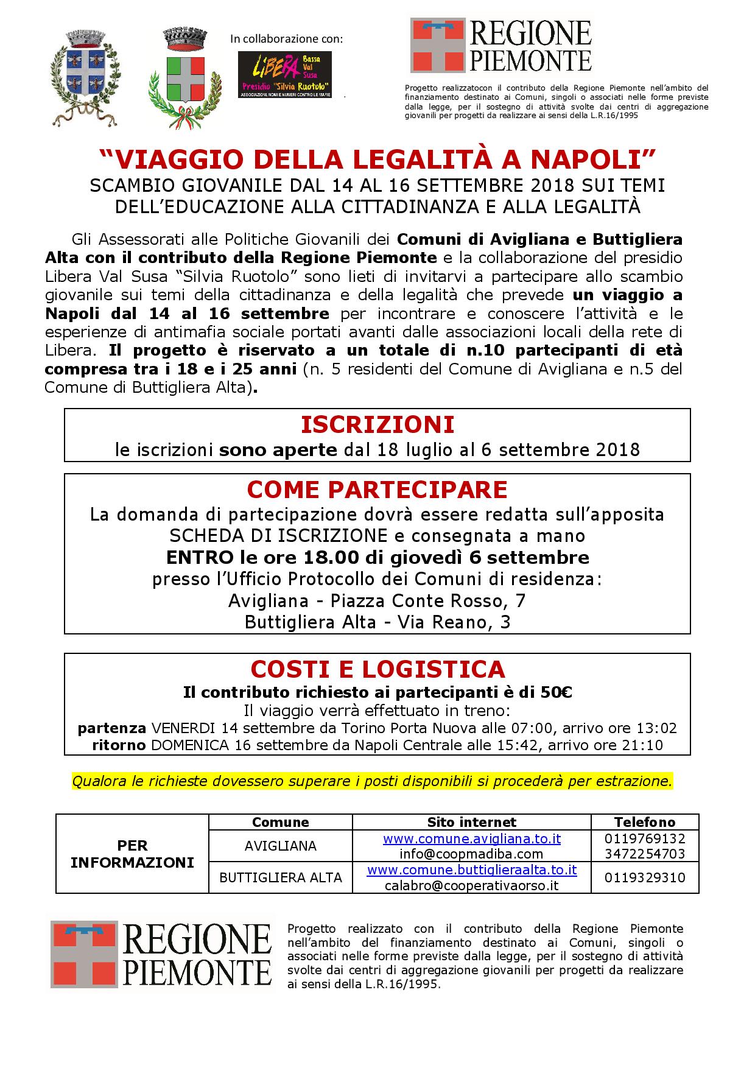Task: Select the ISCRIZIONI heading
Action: [x=377, y=424]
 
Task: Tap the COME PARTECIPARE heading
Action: [x=377, y=490]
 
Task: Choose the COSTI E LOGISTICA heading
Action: [x=377, y=669]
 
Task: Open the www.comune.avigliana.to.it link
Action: [x=471, y=838]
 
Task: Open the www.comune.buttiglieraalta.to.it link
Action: [x=471, y=870]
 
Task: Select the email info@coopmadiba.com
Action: [x=471, y=854]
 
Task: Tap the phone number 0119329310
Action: [x=645, y=877]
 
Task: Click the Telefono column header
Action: [x=645, y=822]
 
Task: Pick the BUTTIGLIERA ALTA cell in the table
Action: [x=281, y=877]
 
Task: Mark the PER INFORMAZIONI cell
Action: [x=132, y=854]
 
